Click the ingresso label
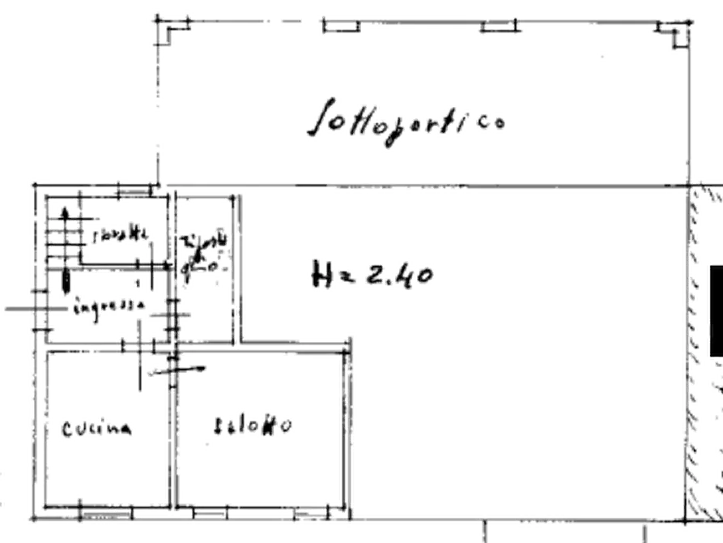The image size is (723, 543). (x=107, y=306)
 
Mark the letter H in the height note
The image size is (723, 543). (x=319, y=274)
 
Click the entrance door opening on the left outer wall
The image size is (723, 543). (x=37, y=308)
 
